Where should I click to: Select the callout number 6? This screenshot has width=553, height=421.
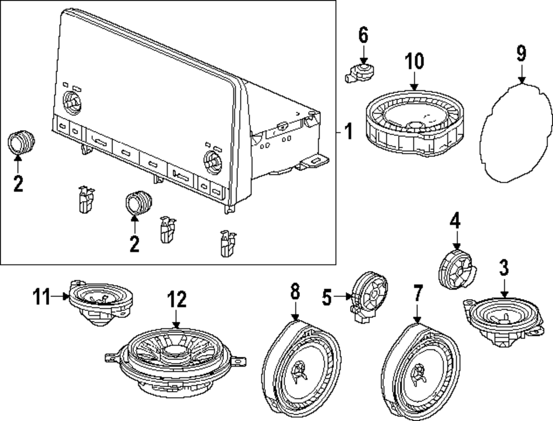[x=363, y=35]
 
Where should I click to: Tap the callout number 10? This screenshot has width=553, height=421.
[x=415, y=61]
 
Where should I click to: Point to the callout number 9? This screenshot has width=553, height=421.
[x=521, y=54]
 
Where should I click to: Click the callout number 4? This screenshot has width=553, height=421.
[x=455, y=222]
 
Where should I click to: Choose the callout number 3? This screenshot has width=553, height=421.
[x=504, y=268]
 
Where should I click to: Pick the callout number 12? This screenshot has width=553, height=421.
[x=176, y=300]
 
